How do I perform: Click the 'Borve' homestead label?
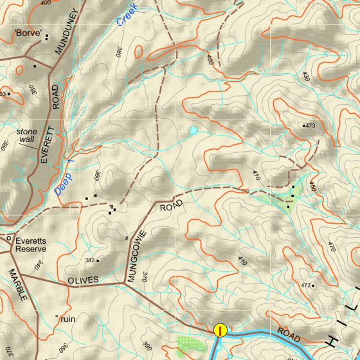click(x=28, y=32)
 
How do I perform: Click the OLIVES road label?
click(x=83, y=280)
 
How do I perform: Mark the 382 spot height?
click(x=92, y=260)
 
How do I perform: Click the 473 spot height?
click(x=309, y=125)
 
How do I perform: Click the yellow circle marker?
click(x=221, y=330)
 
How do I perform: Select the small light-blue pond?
click(x=193, y=130)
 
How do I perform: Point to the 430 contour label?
click(x=306, y=76)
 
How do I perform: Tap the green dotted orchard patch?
click(x=187, y=347)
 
